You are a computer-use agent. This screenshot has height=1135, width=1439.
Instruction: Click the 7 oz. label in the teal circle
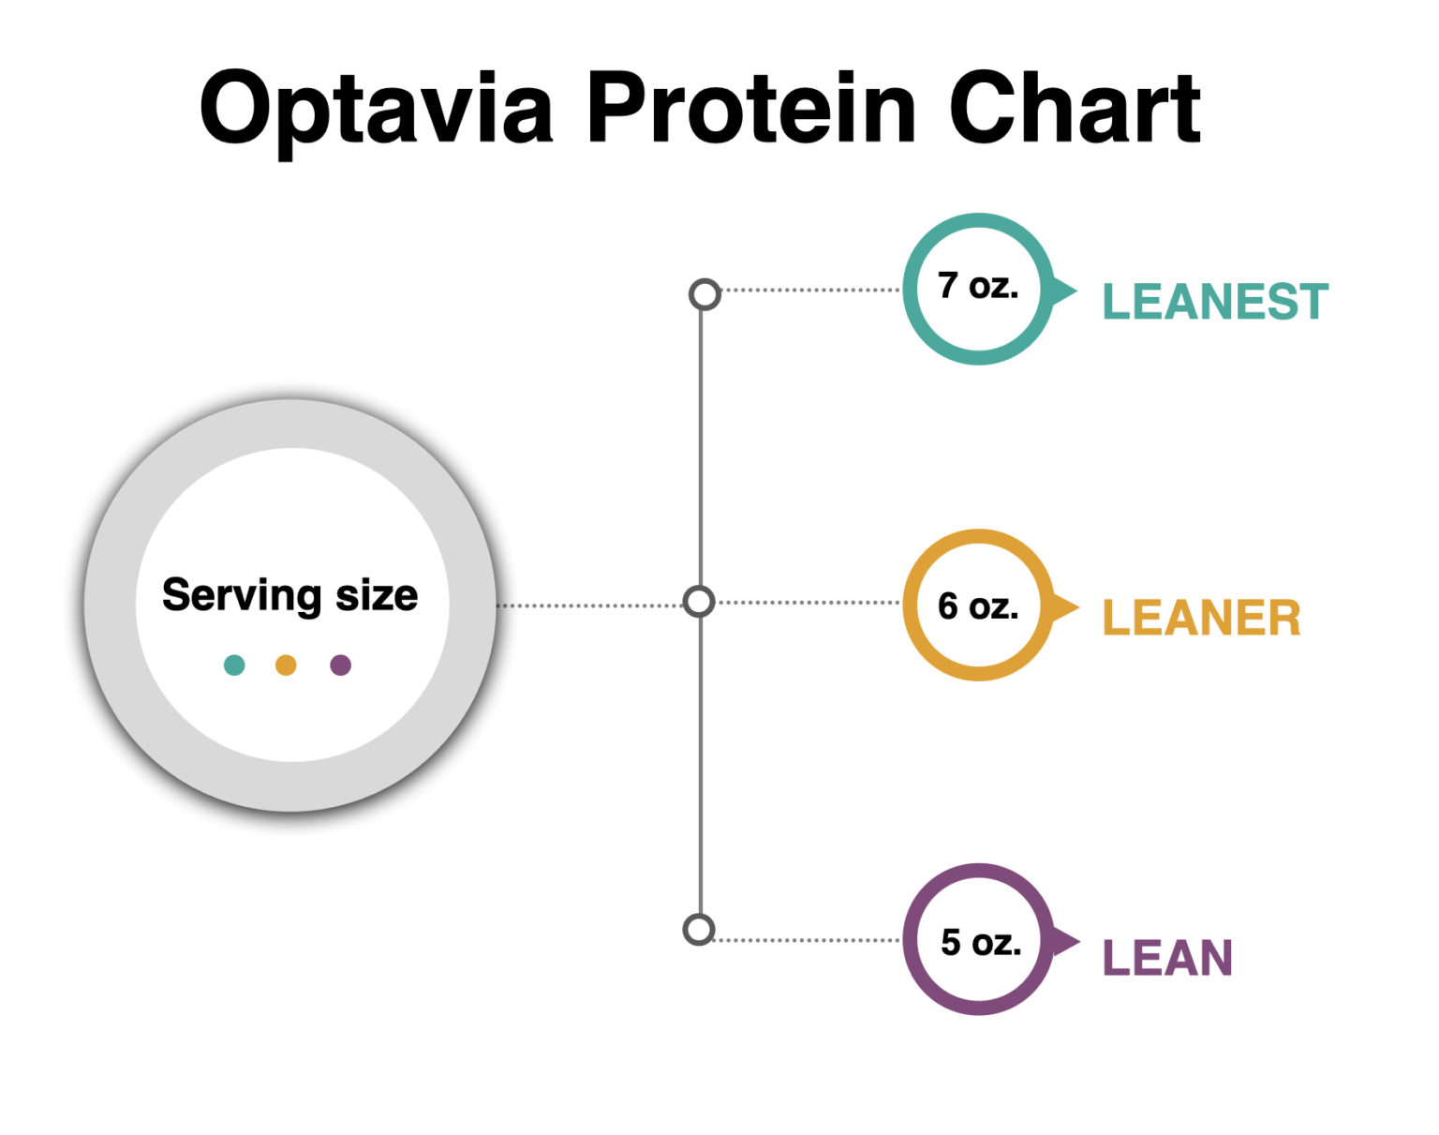978,286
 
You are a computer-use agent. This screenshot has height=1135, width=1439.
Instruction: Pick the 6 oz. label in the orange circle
978,606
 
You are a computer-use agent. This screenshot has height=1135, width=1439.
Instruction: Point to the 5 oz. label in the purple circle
980,942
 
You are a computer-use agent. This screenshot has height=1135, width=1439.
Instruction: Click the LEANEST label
1215,302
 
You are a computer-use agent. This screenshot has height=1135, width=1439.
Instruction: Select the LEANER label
1201,619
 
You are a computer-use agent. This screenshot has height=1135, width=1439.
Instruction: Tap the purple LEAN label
1167,958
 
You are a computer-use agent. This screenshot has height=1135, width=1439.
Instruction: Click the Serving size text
290,596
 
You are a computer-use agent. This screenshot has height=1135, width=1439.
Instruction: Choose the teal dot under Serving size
234,665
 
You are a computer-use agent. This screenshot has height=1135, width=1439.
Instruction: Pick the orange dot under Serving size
286,665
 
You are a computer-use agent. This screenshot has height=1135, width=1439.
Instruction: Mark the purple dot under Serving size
341,665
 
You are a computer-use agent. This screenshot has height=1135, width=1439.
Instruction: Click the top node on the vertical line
705,294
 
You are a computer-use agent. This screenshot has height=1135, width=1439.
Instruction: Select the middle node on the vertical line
699,602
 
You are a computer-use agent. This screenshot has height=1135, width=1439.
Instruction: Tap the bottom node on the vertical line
699,930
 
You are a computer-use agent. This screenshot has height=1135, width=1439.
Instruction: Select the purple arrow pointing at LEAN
1064,941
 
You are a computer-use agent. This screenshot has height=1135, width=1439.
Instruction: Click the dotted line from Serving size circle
590,605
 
